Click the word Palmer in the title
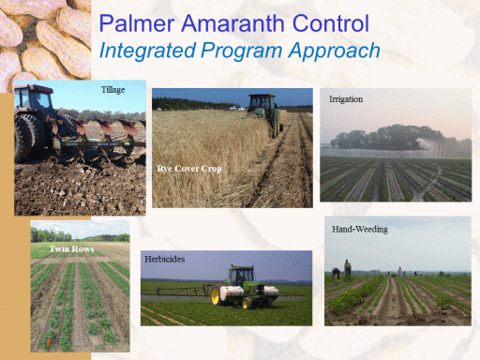[137, 23]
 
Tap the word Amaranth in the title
[232, 23]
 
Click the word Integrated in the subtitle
[147, 51]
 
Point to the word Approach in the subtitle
[334, 51]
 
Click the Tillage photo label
[112, 90]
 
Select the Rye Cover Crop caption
[189, 169]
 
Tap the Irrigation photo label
[346, 99]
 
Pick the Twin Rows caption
[72, 249]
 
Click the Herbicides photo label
[164, 260]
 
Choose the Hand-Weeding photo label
[360, 230]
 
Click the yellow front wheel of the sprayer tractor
[216, 295]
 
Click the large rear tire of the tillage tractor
[26, 138]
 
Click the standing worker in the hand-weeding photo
[348, 269]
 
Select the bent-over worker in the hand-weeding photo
[337, 273]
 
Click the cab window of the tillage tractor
[35, 99]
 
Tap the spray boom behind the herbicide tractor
[177, 291]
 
